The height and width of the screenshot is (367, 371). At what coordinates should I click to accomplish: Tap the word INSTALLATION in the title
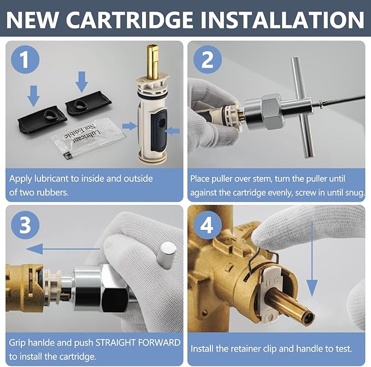click(282, 20)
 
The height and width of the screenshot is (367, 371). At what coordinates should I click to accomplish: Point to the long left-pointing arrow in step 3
click(63, 250)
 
